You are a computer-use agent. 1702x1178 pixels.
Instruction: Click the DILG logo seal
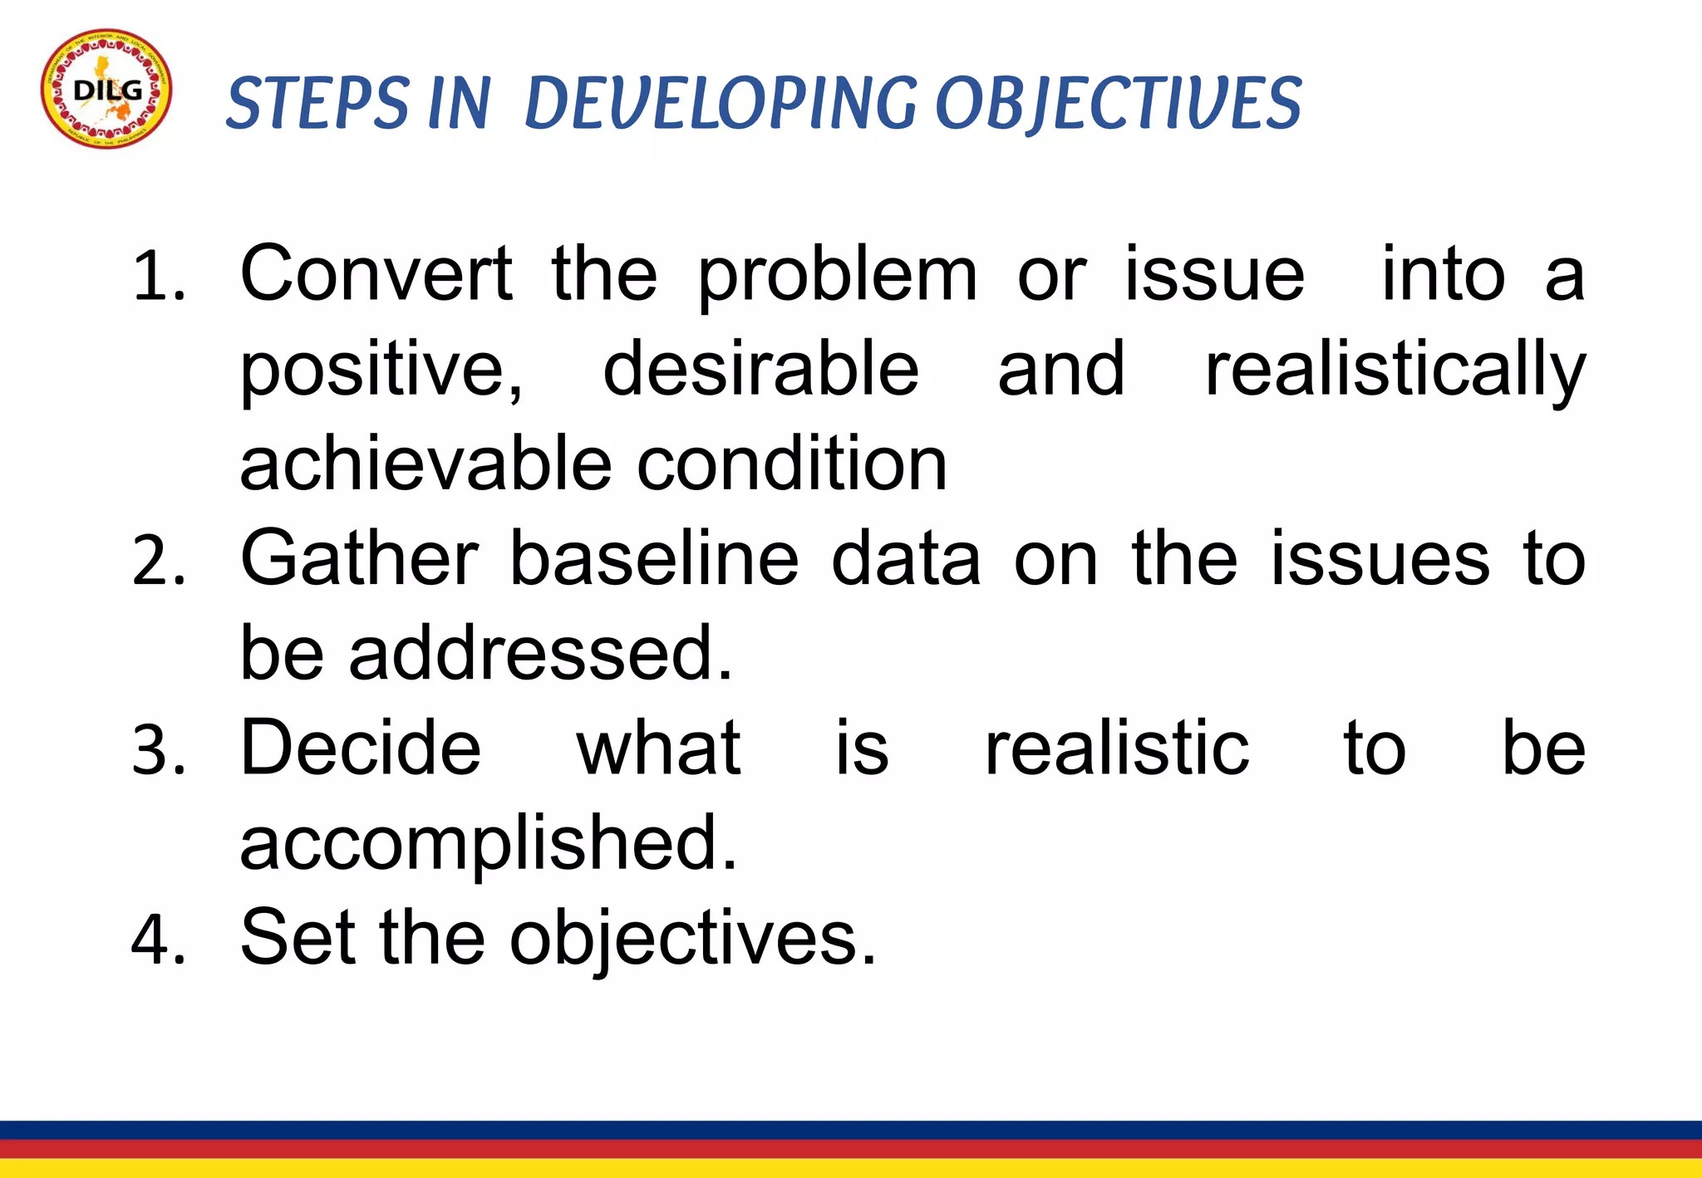coord(106,89)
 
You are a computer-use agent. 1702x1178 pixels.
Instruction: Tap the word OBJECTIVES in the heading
coord(1118,103)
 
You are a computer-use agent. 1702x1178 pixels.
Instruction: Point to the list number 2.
coord(158,562)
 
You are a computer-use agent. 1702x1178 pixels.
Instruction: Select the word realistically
coord(1395,372)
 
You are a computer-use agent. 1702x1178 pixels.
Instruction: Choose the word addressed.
coord(540,654)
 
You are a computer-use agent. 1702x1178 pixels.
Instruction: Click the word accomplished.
coord(488,845)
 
